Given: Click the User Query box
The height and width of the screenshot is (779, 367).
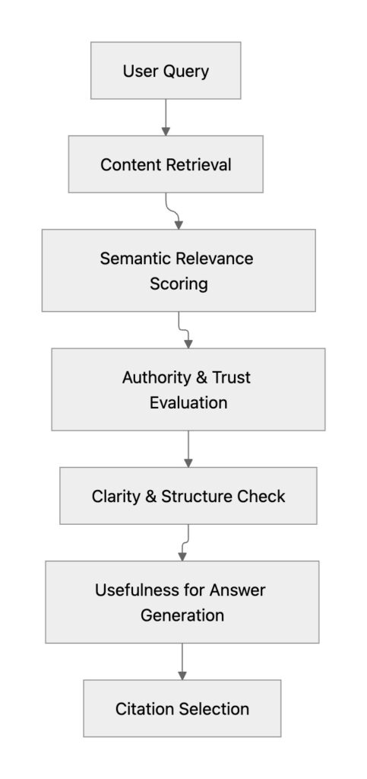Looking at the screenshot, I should pos(166,71).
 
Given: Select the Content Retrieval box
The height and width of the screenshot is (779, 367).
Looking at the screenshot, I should pos(166,164).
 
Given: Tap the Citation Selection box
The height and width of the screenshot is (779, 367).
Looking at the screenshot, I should pos(182,708).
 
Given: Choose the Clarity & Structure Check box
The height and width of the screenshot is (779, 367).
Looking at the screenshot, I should pos(188,496).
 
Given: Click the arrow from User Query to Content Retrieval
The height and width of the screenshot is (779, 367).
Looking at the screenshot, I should pos(166,117).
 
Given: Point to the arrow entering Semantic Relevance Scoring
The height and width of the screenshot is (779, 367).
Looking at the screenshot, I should pos(175,211).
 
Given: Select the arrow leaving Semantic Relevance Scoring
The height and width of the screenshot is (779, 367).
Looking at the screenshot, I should pos(182,329).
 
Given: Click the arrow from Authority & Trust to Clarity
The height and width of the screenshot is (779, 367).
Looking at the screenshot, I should pos(188,449).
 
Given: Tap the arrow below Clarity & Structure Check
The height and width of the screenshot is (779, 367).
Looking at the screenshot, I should pos(185,542).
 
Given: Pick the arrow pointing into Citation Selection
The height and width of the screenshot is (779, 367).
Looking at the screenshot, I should pos(182,661).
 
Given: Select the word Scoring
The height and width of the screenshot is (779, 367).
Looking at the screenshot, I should pos(178,284).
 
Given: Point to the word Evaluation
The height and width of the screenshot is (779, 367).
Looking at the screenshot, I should pos(188,403).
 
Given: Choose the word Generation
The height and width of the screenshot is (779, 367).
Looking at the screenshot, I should pos(182,615).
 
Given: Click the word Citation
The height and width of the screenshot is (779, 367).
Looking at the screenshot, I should pos(144,708).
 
